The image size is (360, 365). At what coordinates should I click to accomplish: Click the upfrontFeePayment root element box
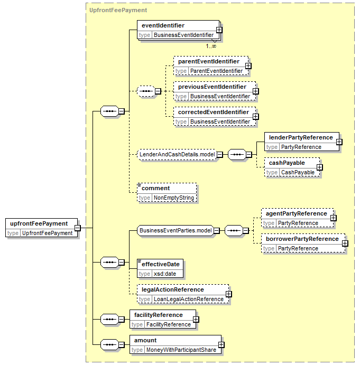click(x=41, y=228)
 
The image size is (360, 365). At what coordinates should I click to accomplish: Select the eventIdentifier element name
click(x=163, y=25)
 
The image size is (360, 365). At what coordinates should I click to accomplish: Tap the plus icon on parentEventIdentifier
click(x=248, y=66)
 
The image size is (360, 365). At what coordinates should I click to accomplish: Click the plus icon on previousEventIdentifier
click(x=256, y=91)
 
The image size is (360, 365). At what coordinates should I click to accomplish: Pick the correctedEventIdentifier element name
click(x=214, y=112)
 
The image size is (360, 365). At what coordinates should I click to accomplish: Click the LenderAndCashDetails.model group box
click(x=177, y=154)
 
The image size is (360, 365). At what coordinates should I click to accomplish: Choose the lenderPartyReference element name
click(x=301, y=137)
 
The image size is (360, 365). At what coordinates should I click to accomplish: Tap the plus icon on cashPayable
click(x=320, y=167)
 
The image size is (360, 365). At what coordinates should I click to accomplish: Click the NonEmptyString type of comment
click(x=174, y=198)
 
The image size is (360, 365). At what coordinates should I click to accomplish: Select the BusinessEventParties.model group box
click(x=176, y=230)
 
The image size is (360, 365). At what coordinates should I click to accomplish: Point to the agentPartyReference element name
click(x=297, y=214)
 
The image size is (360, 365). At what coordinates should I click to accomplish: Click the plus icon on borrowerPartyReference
click(x=345, y=244)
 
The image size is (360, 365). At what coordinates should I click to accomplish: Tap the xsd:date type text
click(x=165, y=274)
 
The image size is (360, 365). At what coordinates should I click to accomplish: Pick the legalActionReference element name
click(x=173, y=290)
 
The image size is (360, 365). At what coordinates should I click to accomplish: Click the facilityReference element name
click(x=159, y=315)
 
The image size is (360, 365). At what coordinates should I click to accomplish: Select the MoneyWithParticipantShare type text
click(x=181, y=350)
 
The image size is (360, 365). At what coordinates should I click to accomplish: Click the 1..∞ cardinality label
click(x=211, y=46)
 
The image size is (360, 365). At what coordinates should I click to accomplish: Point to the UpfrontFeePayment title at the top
click(x=118, y=10)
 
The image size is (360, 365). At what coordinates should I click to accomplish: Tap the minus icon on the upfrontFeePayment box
click(x=78, y=228)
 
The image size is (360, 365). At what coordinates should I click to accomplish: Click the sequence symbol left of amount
click(x=109, y=345)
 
